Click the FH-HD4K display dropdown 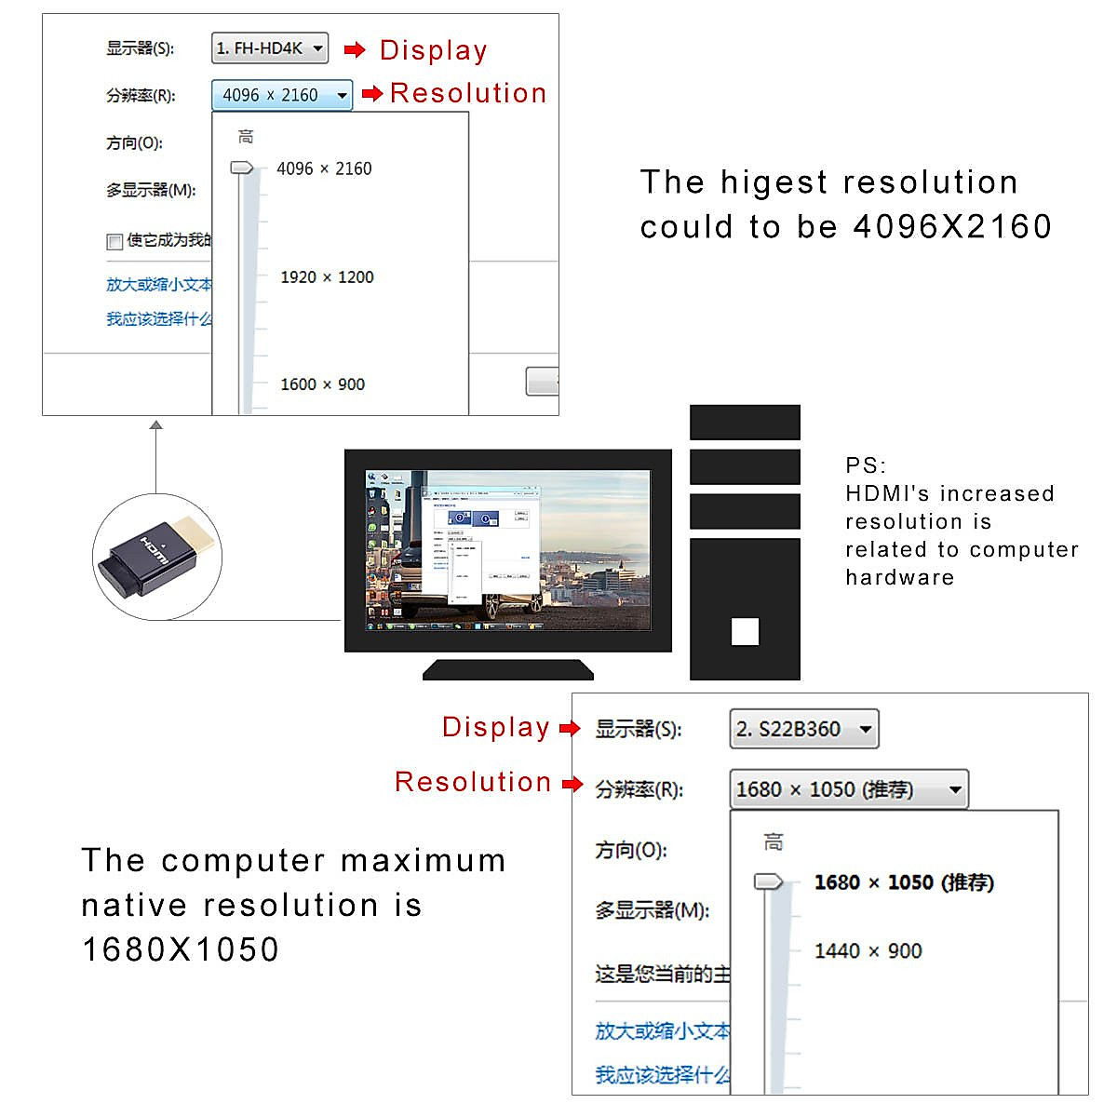(x=270, y=48)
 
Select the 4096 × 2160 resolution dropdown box (x=282, y=95)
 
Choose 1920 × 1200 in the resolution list (x=327, y=277)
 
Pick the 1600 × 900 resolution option (x=322, y=384)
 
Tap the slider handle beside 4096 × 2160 (x=242, y=168)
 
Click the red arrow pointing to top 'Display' (x=355, y=49)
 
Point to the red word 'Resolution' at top (x=468, y=93)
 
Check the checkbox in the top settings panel (x=114, y=242)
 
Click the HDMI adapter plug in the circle (x=155, y=557)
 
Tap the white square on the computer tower (x=745, y=632)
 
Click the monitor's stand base (x=508, y=669)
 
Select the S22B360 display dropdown (x=803, y=729)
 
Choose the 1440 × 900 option (x=868, y=951)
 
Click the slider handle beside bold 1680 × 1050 (x=769, y=881)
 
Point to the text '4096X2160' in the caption (x=952, y=226)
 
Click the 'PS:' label (x=866, y=465)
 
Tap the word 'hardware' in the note (x=899, y=577)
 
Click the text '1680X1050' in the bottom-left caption (x=181, y=949)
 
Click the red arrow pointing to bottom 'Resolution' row (x=572, y=784)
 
